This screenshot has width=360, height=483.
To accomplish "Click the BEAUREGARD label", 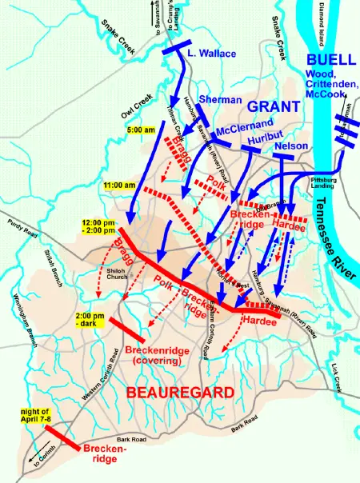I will coord(176,393).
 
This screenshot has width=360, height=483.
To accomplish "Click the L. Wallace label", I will coord(211,54).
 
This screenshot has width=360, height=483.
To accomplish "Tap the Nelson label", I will coord(290,146).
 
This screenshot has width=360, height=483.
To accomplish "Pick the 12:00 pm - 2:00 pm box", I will coord(98,226).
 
